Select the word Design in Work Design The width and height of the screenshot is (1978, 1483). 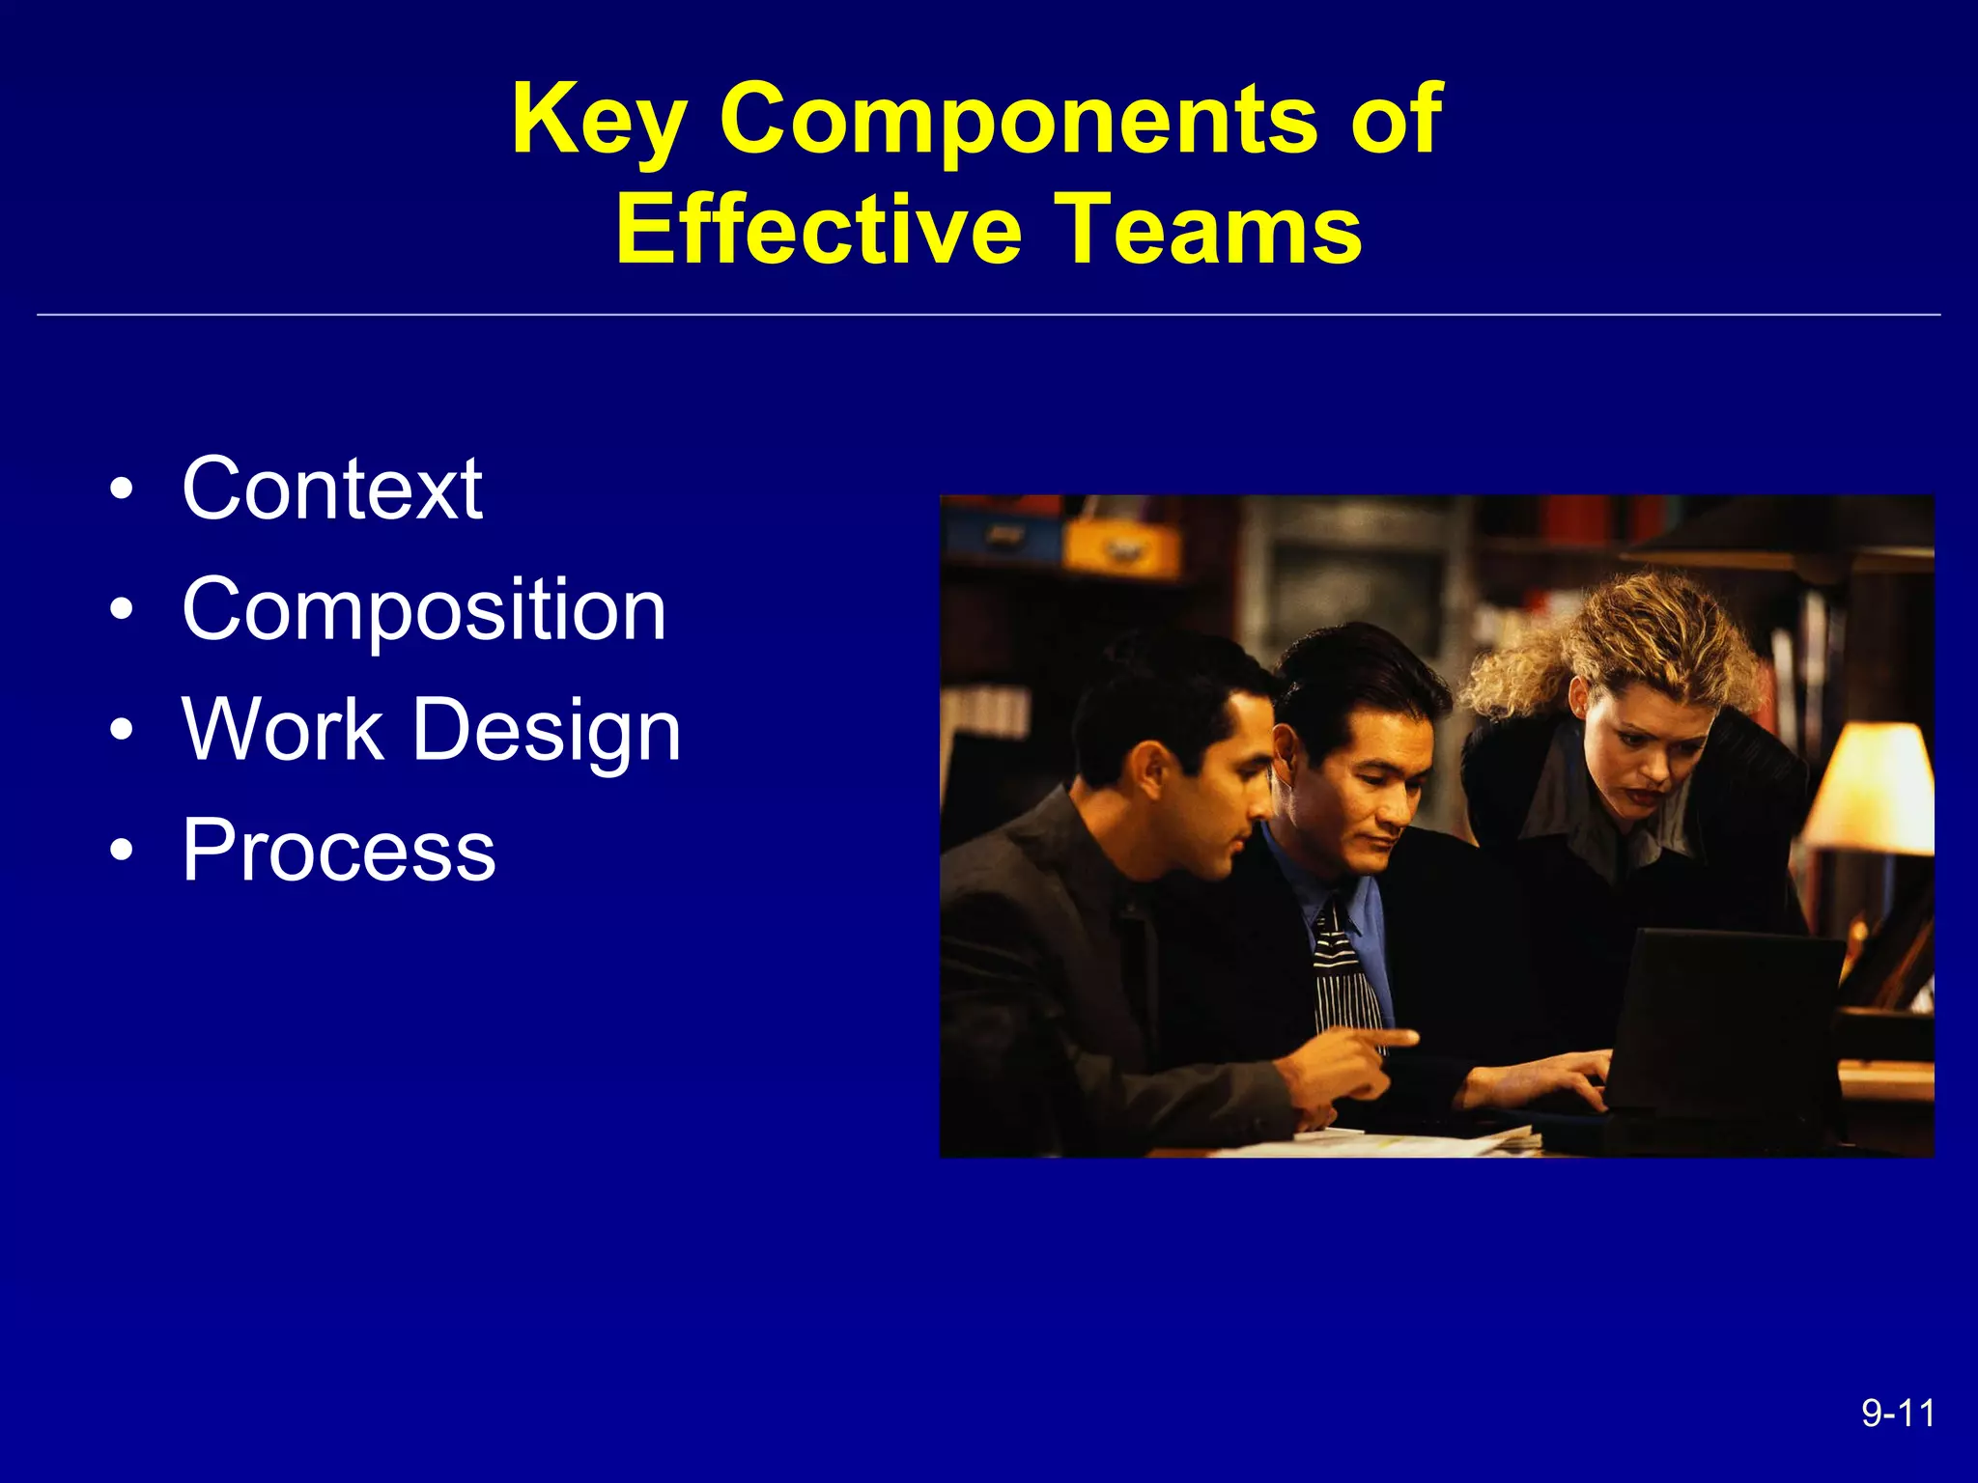547,731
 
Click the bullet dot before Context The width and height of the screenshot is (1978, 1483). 121,490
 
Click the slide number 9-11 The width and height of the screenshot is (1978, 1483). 1898,1413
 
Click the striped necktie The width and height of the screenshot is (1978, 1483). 1344,975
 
